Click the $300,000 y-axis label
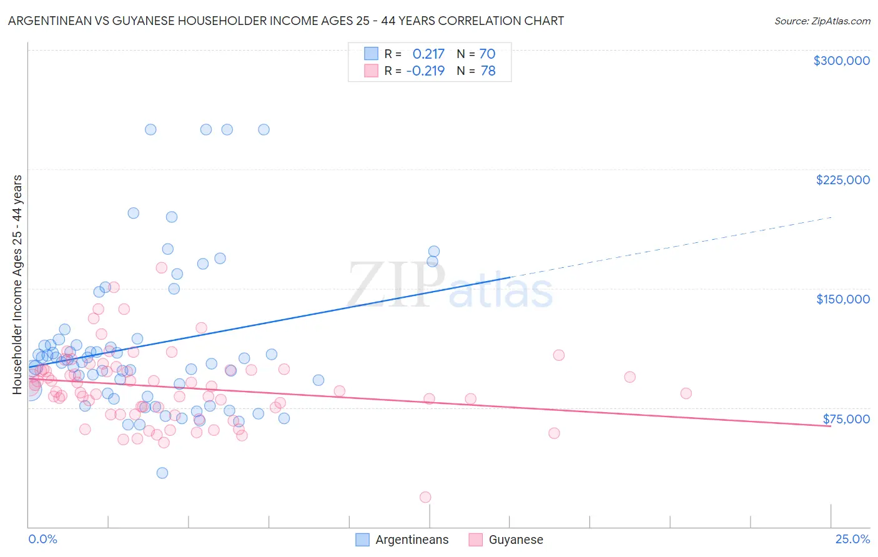pyautogui.click(x=841, y=61)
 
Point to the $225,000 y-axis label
pyautogui.click(x=842, y=180)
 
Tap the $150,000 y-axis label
pyautogui.click(x=842, y=299)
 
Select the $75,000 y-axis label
pyautogui.click(x=846, y=419)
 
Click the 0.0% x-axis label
pyautogui.click(x=42, y=539)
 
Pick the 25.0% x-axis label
pyautogui.click(x=852, y=539)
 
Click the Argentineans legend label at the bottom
pyautogui.click(x=412, y=540)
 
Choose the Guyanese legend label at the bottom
pyautogui.click(x=516, y=540)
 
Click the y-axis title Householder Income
pyautogui.click(x=17, y=285)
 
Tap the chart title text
pyautogui.click(x=286, y=21)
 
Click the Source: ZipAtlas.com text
pyautogui.click(x=822, y=21)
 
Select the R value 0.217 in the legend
pyautogui.click(x=428, y=54)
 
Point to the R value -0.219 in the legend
pyautogui.click(x=425, y=71)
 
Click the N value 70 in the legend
pyautogui.click(x=487, y=54)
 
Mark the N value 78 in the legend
pyautogui.click(x=488, y=71)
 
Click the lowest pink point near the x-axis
pyautogui.click(x=425, y=497)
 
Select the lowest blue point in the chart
pyautogui.click(x=162, y=473)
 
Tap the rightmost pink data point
pyautogui.click(x=686, y=393)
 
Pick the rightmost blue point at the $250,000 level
pyautogui.click(x=264, y=129)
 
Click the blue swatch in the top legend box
pyautogui.click(x=371, y=54)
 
